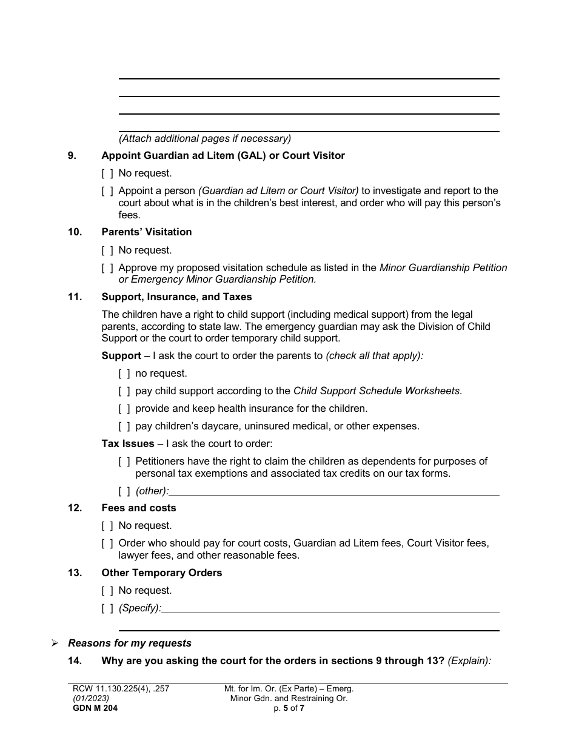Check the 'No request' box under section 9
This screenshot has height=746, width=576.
click(x=107, y=173)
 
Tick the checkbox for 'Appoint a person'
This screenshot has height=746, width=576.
click(x=107, y=191)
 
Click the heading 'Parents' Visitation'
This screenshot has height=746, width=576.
click(x=146, y=232)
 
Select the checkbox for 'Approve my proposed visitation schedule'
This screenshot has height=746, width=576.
click(x=107, y=268)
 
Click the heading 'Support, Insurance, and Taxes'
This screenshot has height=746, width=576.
click(x=176, y=297)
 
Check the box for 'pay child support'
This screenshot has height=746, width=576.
click(x=124, y=391)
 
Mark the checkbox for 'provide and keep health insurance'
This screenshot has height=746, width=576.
click(x=124, y=409)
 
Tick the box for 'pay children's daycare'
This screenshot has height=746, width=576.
click(x=124, y=426)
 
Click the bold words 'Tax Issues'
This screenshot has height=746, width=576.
click(x=128, y=444)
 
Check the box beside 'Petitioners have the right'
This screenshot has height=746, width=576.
click(x=124, y=462)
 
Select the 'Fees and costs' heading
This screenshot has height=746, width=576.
click(x=139, y=508)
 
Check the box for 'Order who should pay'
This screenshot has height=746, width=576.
click(x=107, y=543)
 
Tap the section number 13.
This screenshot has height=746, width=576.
click(x=75, y=573)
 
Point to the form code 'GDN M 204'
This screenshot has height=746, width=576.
click(x=95, y=707)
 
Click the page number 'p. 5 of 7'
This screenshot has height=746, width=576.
click(x=289, y=707)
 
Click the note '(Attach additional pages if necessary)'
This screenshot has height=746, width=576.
click(x=205, y=139)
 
